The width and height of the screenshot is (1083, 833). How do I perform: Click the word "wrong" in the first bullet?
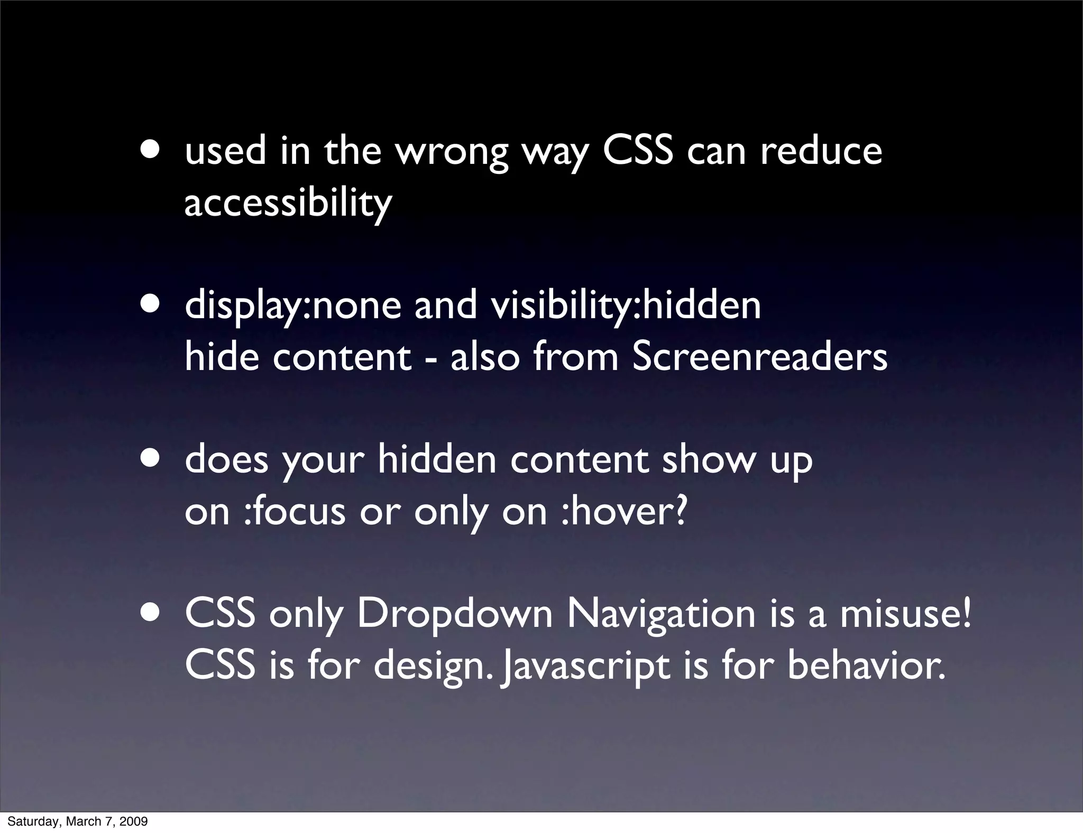click(452, 152)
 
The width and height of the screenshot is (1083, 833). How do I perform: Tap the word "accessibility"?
click(288, 202)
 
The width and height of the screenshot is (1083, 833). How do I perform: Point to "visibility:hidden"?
click(626, 305)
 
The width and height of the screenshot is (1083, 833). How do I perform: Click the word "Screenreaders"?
click(759, 357)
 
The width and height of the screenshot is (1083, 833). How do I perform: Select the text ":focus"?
click(295, 512)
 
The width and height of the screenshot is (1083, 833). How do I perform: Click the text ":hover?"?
click(624, 511)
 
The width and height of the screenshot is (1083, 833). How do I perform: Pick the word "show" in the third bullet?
click(709, 460)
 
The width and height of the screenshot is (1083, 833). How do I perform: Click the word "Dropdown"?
click(455, 615)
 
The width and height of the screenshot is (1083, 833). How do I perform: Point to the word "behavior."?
click(866, 665)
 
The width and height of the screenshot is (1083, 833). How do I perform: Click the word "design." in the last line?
click(435, 666)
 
